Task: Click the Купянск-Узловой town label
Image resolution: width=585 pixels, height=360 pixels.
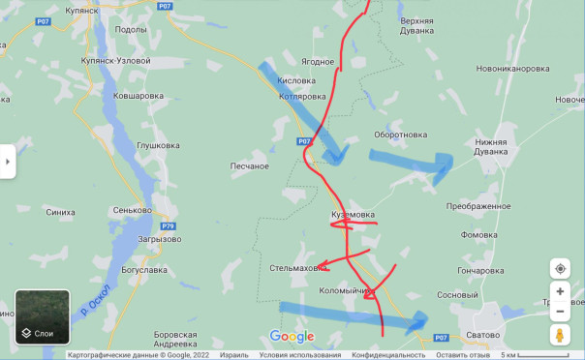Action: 119,61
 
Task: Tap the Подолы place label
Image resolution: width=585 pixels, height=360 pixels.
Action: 130,30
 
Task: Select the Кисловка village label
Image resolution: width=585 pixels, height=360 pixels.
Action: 297,81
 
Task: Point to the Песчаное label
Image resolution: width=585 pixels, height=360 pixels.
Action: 249,166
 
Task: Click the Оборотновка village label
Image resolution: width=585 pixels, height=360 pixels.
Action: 401,135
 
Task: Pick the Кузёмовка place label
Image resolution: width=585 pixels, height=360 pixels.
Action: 353,215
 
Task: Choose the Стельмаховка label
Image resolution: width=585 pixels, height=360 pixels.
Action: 294,267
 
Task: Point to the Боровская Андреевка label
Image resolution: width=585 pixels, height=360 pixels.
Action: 175,339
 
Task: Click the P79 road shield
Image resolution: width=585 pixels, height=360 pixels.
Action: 169,225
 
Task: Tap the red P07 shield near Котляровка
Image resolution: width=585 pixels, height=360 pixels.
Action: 305,141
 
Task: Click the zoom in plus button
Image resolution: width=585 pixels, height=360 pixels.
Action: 560,291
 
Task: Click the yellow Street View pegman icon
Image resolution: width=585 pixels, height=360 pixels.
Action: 560,335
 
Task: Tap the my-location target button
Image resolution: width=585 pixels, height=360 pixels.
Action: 560,268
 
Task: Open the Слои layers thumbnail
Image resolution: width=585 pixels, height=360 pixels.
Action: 43,317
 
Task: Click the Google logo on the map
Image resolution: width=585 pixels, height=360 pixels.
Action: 292,336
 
